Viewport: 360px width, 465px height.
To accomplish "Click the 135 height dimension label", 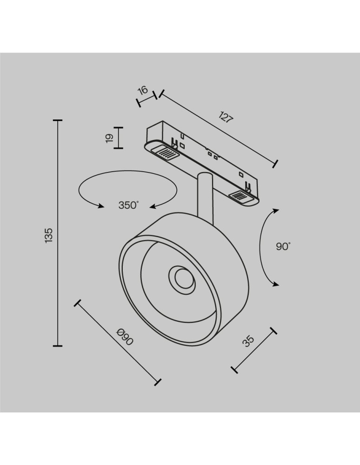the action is [x=49, y=236].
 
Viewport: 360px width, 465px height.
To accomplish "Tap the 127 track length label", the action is [x=226, y=117].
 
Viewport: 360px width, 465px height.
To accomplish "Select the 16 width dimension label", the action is [x=143, y=90].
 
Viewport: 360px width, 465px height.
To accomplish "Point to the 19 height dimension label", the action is [x=109, y=138].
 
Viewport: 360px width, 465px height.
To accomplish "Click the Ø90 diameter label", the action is [x=125, y=337].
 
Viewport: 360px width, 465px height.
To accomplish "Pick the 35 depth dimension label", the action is [x=248, y=341].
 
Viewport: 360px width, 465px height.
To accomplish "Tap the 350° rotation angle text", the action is [x=128, y=205].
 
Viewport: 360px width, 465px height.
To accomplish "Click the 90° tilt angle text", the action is [x=283, y=246].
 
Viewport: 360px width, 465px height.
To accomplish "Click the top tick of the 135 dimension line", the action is [x=58, y=120].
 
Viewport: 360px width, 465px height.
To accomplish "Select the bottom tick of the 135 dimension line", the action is [x=58, y=346].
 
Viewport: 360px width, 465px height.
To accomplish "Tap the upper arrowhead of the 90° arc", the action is [x=276, y=211].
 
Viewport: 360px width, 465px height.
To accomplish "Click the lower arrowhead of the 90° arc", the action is [x=276, y=284].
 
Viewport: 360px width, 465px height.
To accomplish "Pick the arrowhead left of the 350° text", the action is [x=100, y=206].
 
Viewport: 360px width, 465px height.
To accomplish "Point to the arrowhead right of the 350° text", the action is [x=153, y=206].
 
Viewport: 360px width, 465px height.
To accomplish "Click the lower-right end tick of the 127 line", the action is [x=275, y=164].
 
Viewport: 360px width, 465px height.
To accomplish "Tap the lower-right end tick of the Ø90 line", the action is [x=158, y=382].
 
